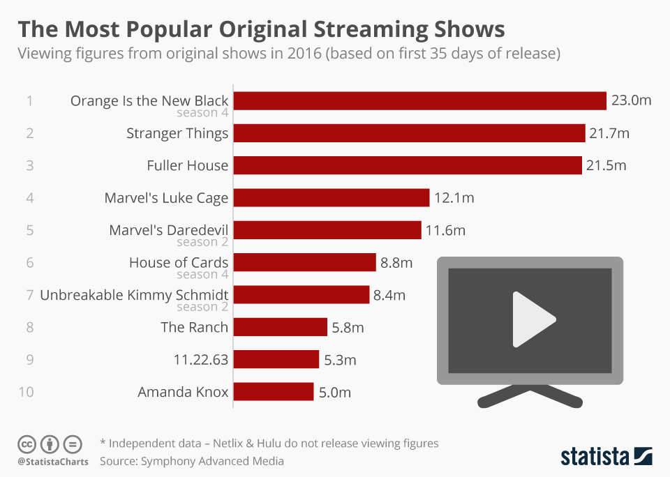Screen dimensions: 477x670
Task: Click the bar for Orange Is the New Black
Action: (x=419, y=100)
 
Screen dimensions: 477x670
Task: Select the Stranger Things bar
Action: (x=409, y=133)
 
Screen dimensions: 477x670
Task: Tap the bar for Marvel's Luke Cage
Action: (x=331, y=198)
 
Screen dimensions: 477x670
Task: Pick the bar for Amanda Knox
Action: (x=273, y=392)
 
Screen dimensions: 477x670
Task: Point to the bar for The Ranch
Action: (x=280, y=327)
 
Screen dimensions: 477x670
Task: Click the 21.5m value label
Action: (x=606, y=166)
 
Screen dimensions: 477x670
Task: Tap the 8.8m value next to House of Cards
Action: (x=396, y=263)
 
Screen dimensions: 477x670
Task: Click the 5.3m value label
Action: (x=340, y=360)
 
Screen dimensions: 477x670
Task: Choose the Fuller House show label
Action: (x=187, y=166)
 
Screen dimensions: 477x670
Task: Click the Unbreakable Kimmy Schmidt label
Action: (x=134, y=295)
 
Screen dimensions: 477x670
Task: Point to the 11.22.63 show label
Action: (x=200, y=360)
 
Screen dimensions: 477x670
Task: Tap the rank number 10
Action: (x=26, y=392)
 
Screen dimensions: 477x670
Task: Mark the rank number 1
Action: (x=29, y=101)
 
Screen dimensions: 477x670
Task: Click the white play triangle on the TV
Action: (x=531, y=319)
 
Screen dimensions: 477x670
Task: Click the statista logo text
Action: (x=595, y=457)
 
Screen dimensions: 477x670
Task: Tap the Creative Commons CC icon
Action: (x=27, y=444)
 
